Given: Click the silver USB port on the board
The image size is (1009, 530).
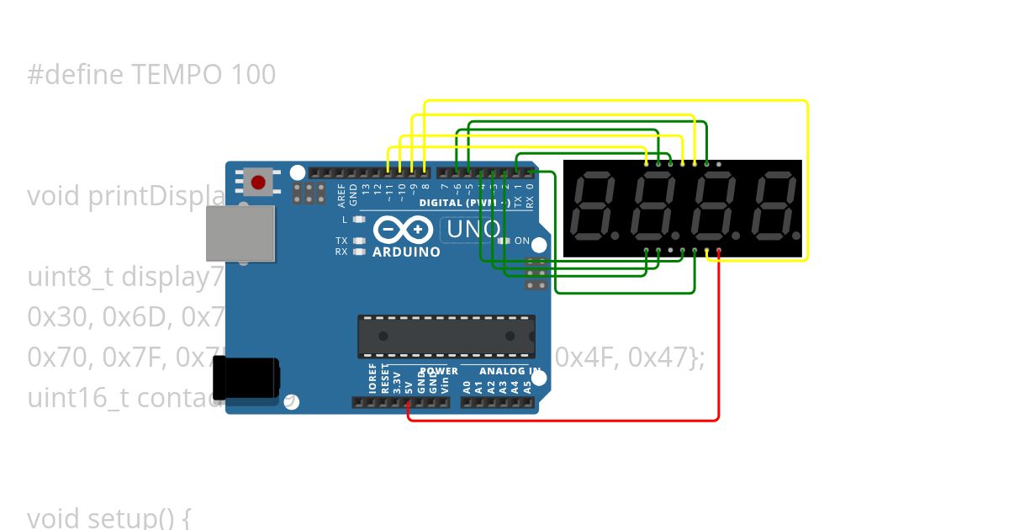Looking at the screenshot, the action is (x=240, y=233).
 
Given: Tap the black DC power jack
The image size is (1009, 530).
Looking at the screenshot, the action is (x=246, y=378).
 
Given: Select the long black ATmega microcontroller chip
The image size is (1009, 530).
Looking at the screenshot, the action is (x=446, y=337).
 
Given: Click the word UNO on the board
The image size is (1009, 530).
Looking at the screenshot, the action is (x=473, y=229).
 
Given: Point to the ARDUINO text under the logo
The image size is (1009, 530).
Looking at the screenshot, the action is (x=406, y=252).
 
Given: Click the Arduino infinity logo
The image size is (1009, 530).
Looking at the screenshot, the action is (x=404, y=229).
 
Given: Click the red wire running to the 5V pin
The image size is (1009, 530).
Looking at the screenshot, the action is (x=718, y=353).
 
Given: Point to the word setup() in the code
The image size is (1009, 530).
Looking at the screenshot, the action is (x=135, y=518).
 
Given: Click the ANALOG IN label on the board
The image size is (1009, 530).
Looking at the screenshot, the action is (x=510, y=371).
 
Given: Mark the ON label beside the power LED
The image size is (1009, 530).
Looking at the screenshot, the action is (x=522, y=241).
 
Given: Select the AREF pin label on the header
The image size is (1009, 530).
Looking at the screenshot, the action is (x=341, y=195).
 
